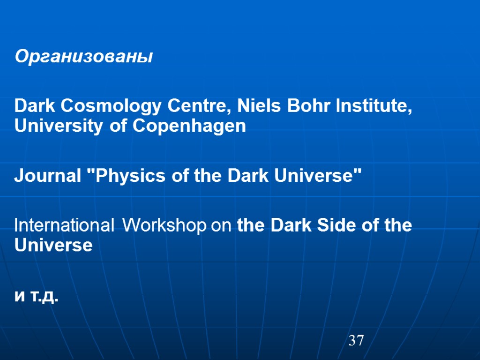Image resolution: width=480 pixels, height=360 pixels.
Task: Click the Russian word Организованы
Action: pyautogui.click(x=84, y=57)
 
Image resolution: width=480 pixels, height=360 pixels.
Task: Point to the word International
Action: pyautogui.click(x=64, y=225)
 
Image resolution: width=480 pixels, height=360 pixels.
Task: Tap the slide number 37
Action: pyautogui.click(x=356, y=341)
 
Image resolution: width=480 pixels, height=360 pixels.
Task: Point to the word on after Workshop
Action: pyautogui.click(x=221, y=226)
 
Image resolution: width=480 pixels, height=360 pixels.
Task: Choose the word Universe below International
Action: pyautogui.click(x=53, y=245)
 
